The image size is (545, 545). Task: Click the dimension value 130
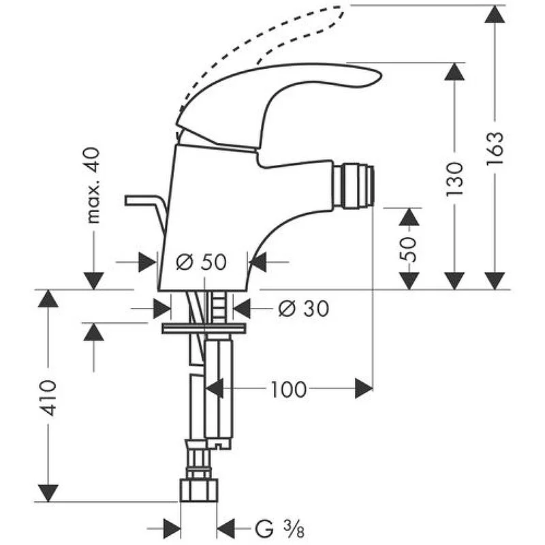[454, 179]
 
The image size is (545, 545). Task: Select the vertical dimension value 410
[48, 398]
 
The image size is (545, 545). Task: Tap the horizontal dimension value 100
[288, 390]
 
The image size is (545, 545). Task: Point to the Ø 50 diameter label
[201, 262]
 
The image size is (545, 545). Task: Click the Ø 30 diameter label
[303, 309]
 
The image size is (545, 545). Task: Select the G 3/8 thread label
[280, 529]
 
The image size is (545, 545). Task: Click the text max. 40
[93, 185]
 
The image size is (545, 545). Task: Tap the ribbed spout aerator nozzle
[354, 187]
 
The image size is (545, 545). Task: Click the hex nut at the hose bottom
[199, 490]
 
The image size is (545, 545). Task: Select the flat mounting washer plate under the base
[204, 328]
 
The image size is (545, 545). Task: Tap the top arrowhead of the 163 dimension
[495, 14]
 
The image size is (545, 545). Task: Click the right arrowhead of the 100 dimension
[364, 388]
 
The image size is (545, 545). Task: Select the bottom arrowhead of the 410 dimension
[48, 493]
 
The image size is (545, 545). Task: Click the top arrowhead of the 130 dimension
[454, 72]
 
